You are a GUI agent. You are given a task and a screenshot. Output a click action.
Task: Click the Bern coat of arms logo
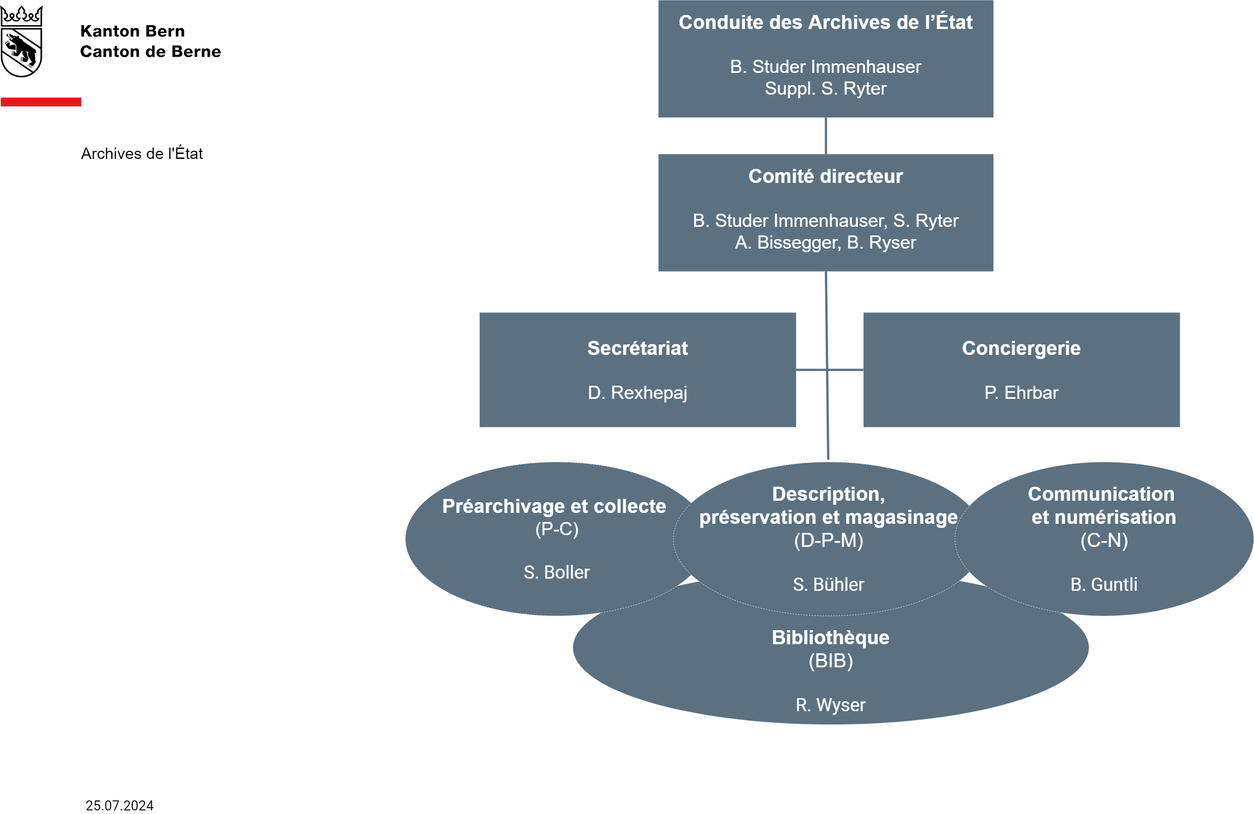pos(21,41)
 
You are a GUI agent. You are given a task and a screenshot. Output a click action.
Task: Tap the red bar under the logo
pos(41,102)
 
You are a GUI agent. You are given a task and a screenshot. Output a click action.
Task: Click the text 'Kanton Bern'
pos(132,31)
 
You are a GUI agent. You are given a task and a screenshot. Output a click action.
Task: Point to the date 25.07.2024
pos(120,805)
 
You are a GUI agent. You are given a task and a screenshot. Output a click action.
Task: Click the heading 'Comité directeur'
pos(826,176)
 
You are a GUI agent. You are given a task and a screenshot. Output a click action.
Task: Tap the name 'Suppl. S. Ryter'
pos(826,89)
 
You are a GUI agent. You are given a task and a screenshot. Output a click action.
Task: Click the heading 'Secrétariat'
pos(637,348)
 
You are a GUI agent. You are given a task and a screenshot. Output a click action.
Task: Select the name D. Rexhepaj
pos(637,393)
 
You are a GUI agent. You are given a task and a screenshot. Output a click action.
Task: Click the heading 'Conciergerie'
pos(1021,348)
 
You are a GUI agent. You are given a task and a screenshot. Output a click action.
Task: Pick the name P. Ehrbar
pos(1021,393)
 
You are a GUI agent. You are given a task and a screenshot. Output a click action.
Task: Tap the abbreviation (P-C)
pos(557,529)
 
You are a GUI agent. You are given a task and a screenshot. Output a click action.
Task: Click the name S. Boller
pos(557,572)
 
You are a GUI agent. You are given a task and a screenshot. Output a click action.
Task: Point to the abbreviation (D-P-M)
pos(829,541)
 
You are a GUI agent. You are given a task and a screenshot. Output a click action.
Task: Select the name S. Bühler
pos(829,584)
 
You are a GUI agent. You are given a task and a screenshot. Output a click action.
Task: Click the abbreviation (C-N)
pos(1104,541)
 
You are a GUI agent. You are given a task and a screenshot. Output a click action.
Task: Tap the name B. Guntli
pos(1104,584)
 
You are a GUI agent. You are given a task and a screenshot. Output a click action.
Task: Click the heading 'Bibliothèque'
pos(831,637)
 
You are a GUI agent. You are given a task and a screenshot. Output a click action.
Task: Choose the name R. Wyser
pos(831,705)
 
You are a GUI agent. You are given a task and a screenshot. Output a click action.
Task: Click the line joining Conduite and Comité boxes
pos(826,136)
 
